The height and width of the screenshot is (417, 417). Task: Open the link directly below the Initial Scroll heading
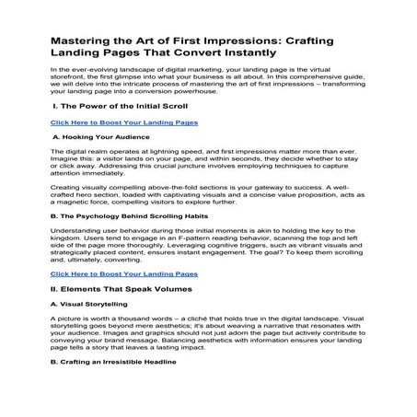coord(123,122)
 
